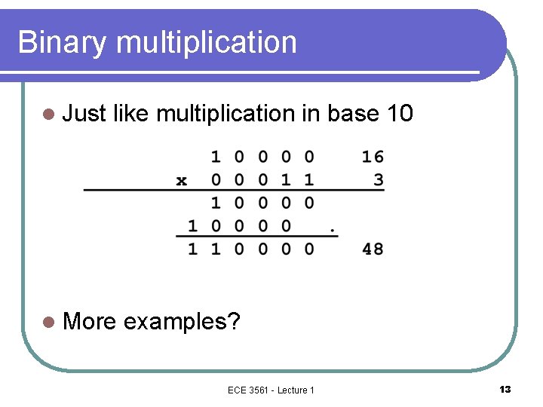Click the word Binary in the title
[x=62, y=43]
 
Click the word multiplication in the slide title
[x=207, y=43]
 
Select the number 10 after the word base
[x=399, y=114]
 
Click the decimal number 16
[x=373, y=157]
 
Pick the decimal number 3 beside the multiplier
[x=379, y=179]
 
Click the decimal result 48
[x=373, y=248]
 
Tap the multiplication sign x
[x=182, y=180]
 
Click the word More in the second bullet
[x=90, y=322]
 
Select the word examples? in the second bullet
[x=182, y=323]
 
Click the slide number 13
[x=505, y=389]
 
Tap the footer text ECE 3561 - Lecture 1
[x=271, y=389]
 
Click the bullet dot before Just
[x=49, y=115]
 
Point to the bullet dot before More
[x=49, y=323]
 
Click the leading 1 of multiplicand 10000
[x=216, y=157]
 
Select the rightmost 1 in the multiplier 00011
[x=309, y=179]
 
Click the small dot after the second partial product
[x=333, y=229]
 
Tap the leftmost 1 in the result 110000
[x=192, y=248]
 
